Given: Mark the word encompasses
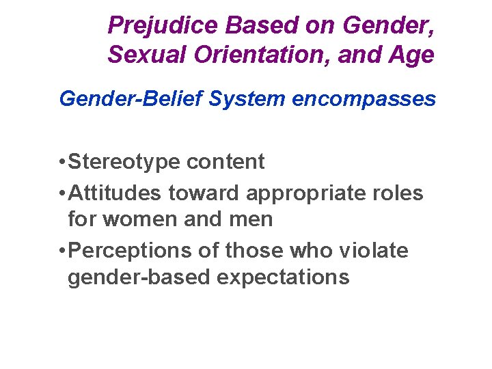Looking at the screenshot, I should [364, 99].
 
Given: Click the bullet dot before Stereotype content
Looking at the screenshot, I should [62, 163].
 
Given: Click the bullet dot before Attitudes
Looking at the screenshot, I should [62, 194].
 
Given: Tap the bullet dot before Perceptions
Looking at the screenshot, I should [62, 251].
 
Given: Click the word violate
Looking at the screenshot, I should [377, 251].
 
